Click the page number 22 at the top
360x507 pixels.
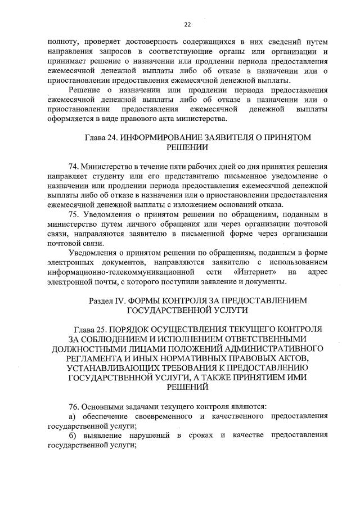187,24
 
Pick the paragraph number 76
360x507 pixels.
73,406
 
